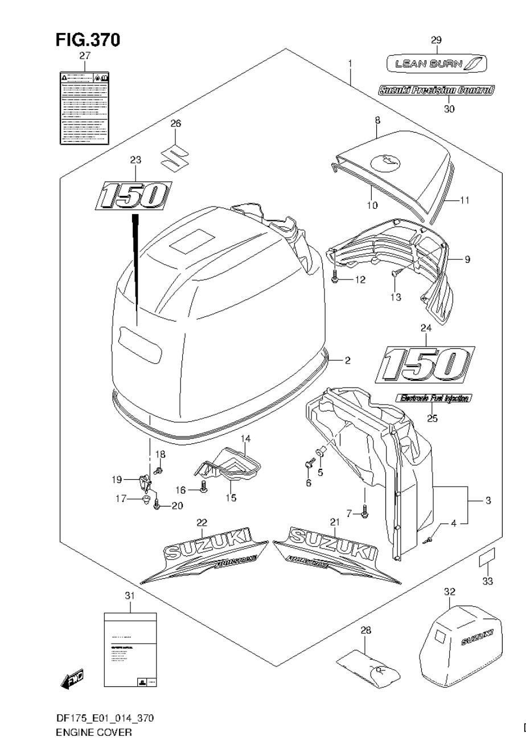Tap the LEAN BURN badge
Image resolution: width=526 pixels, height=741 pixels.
(436, 64)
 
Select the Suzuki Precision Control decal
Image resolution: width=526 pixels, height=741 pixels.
(436, 89)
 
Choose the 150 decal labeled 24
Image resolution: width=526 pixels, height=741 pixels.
(424, 363)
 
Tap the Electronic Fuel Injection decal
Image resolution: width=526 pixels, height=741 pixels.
(434, 398)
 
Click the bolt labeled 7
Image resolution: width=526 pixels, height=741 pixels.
(365, 514)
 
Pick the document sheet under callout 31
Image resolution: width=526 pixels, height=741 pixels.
(130, 651)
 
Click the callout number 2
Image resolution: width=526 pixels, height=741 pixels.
(347, 360)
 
